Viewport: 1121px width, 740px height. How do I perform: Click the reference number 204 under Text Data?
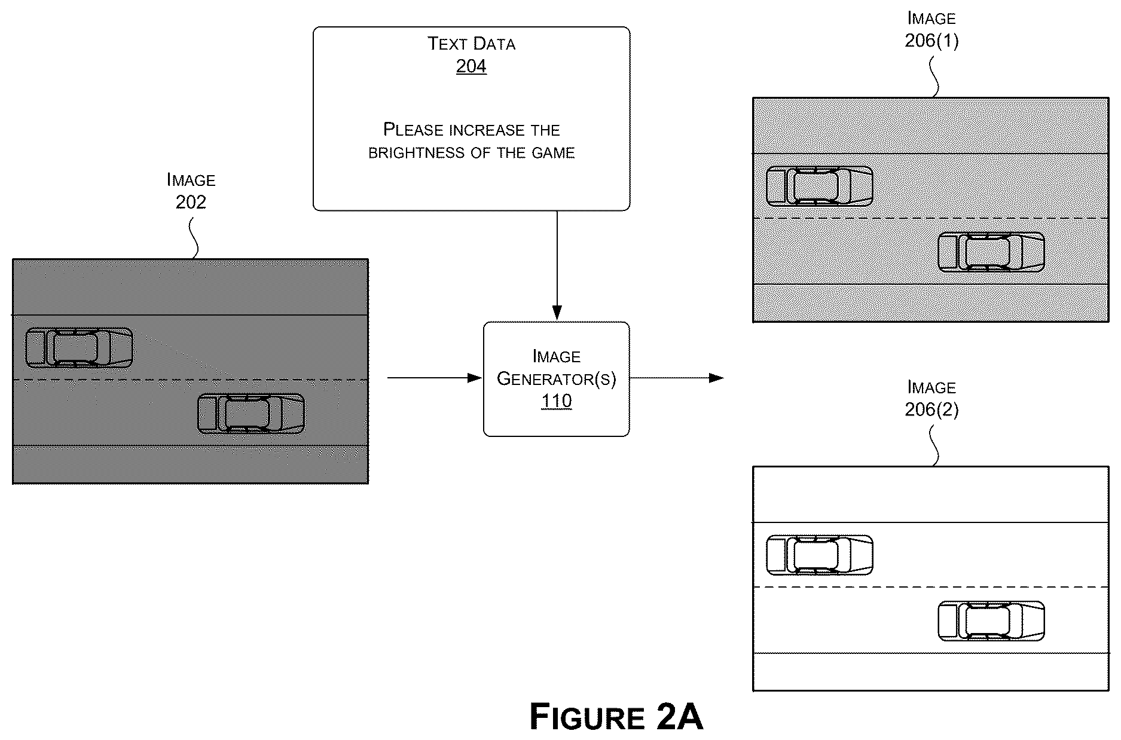[x=471, y=66]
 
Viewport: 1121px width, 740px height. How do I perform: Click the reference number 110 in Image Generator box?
[x=556, y=400]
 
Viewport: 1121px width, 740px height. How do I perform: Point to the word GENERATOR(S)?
[x=556, y=379]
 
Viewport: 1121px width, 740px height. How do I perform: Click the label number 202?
[x=191, y=202]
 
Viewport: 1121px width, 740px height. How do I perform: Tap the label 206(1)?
[x=931, y=41]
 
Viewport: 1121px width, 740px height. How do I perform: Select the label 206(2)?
[x=931, y=409]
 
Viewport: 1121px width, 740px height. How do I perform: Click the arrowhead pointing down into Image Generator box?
[x=557, y=313]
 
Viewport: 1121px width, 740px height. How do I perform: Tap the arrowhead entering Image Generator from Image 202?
[x=475, y=378]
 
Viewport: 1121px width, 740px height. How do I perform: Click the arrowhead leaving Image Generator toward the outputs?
[x=716, y=378]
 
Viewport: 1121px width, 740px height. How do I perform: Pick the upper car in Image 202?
[x=79, y=348]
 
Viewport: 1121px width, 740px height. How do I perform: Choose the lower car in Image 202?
[x=251, y=414]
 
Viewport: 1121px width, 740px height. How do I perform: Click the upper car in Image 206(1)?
[x=819, y=186]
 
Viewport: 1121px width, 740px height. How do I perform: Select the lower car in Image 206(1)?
[x=991, y=252]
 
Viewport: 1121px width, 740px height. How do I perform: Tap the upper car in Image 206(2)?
[x=819, y=555]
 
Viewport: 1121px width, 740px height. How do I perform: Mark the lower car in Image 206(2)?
[x=991, y=621]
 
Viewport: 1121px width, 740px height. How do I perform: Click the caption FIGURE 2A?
[x=616, y=716]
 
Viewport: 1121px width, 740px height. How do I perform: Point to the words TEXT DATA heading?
[x=471, y=44]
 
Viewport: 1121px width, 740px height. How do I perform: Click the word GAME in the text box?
[x=553, y=153]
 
